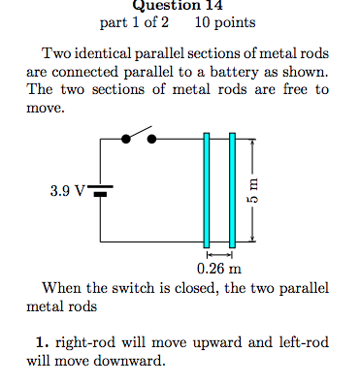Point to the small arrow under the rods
219,254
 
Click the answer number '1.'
41,342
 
